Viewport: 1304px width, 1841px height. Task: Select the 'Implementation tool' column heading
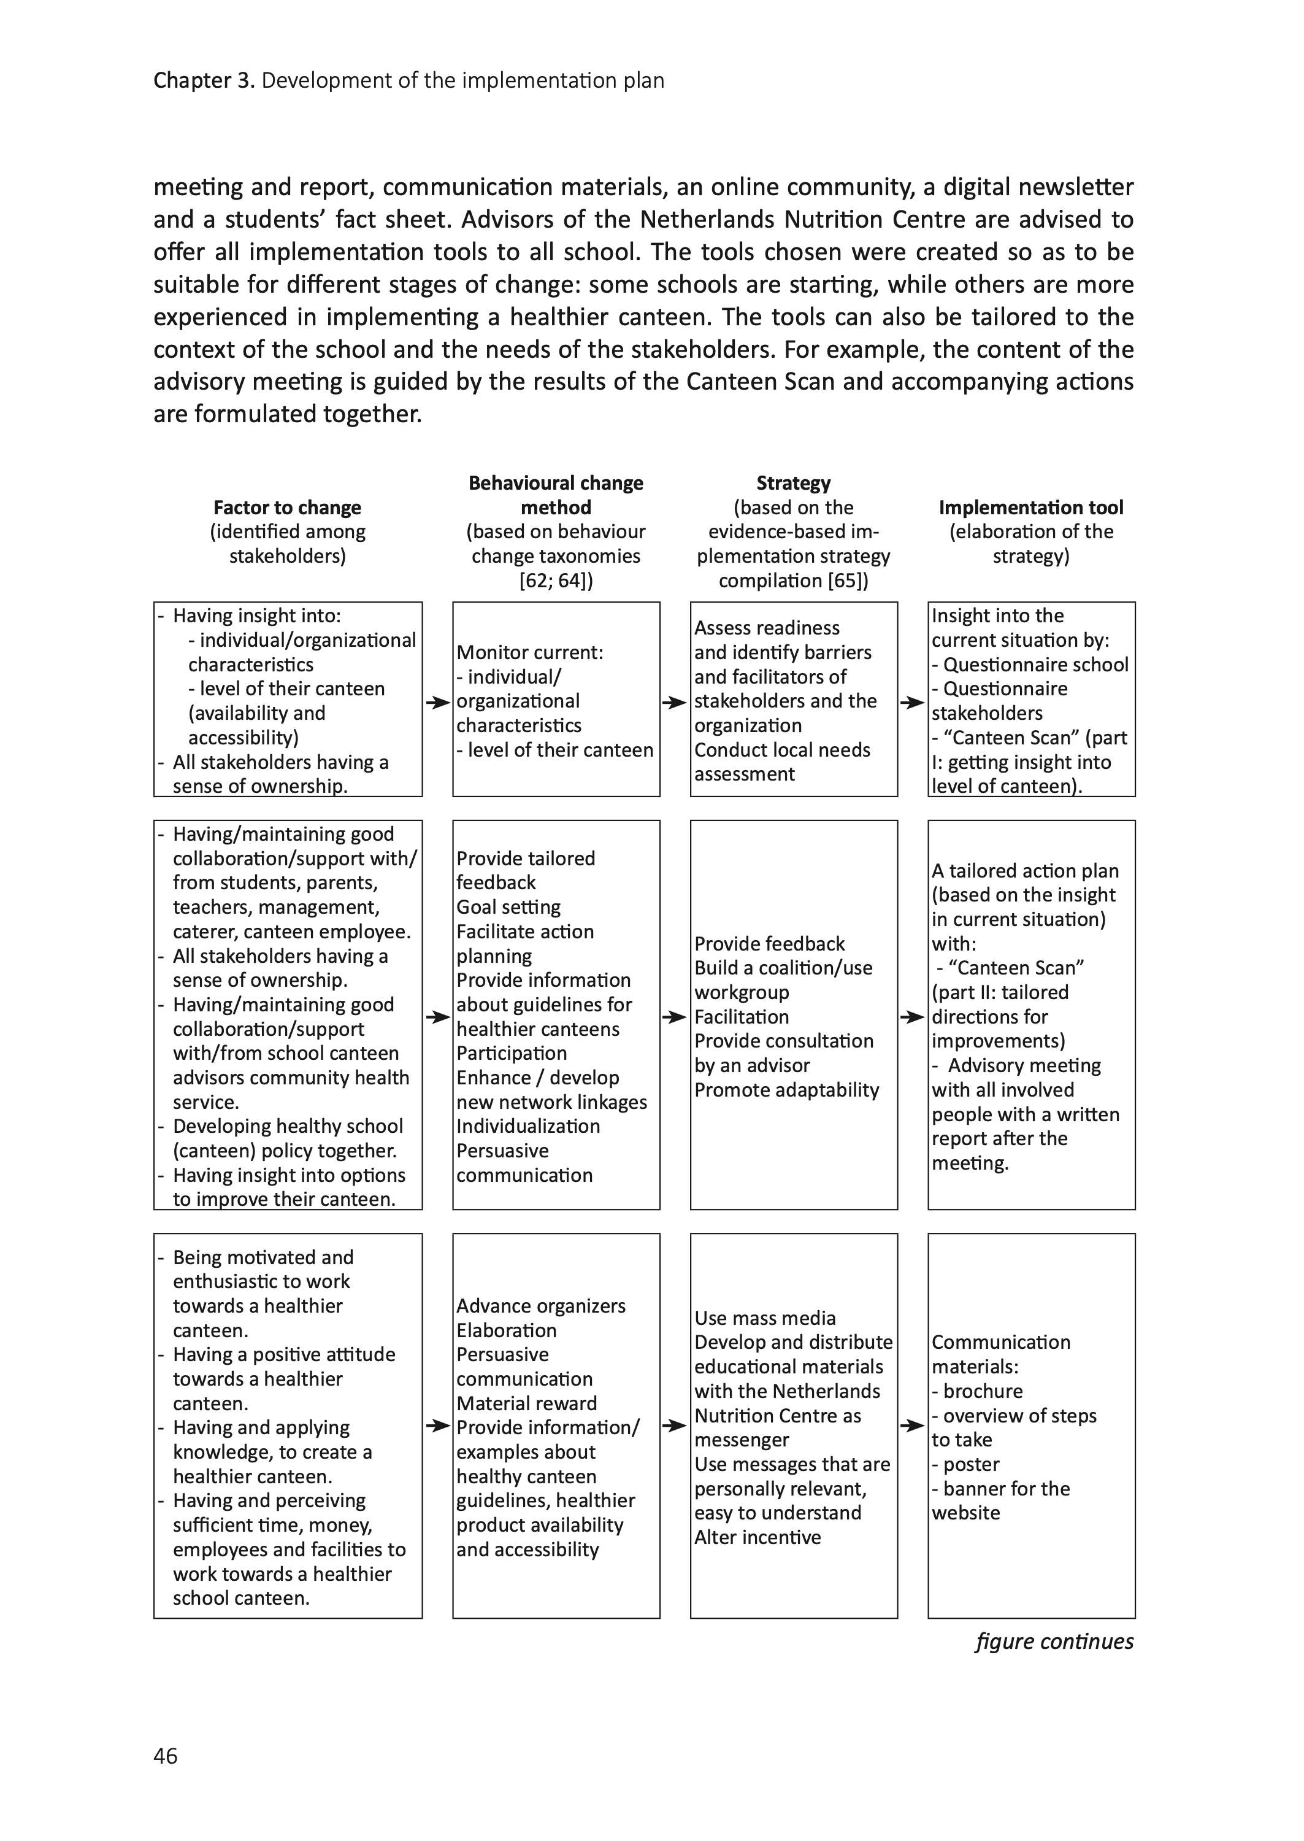(1030, 508)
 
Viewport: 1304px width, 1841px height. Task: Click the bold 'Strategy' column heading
(792, 483)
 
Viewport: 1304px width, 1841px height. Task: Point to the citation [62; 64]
(556, 581)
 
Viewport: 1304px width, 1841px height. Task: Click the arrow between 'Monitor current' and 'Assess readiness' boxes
(675, 703)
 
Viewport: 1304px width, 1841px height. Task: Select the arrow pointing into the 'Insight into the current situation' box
(912, 703)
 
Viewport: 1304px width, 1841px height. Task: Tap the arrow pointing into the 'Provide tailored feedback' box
(437, 1017)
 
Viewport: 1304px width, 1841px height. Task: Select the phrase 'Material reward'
(527, 1403)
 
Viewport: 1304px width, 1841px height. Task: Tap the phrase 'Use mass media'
(764, 1318)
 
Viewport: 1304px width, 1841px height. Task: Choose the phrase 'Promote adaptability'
(786, 1090)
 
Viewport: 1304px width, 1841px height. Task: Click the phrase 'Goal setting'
(508, 907)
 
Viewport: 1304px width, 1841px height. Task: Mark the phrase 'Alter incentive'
(757, 1537)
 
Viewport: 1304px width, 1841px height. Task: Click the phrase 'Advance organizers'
(540, 1306)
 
